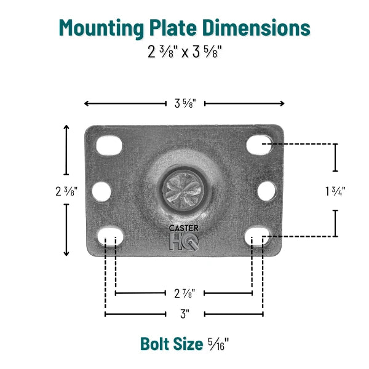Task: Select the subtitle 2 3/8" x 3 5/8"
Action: [x=184, y=52]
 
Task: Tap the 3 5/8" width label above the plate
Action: [x=184, y=103]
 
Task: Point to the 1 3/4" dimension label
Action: [x=335, y=191]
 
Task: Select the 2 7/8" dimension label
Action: [x=184, y=293]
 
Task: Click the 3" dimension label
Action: [x=184, y=314]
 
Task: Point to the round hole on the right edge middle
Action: [x=266, y=191]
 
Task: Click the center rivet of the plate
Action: [x=184, y=186]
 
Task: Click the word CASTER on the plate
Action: [x=184, y=228]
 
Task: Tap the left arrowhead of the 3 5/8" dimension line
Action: [x=87, y=103]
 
